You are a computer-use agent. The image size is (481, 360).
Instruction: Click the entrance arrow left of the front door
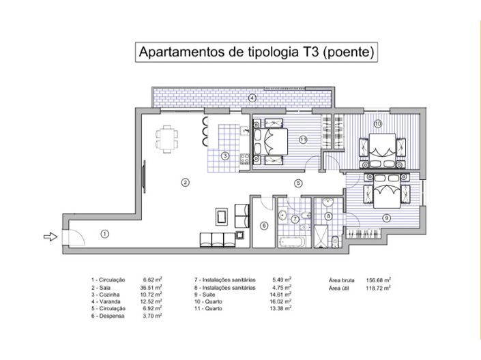[49, 237]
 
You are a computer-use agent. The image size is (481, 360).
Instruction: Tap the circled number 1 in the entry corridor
[104, 233]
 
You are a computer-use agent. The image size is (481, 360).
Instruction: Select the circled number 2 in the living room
[184, 182]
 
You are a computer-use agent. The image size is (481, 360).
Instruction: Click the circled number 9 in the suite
[385, 218]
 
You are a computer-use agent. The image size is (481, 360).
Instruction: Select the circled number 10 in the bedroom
[377, 123]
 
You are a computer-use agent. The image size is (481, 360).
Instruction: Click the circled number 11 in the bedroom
[302, 139]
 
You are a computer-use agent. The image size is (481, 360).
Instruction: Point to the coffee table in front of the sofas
[221, 217]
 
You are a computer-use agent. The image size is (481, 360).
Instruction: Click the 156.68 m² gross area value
[377, 280]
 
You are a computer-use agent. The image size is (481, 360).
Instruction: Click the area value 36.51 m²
[152, 288]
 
